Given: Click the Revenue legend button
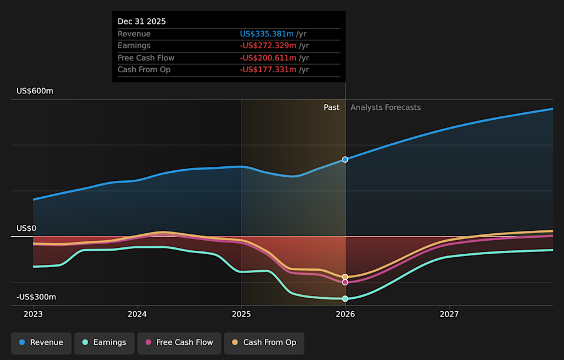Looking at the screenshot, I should [41, 342].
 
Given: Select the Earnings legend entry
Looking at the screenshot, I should [103, 342].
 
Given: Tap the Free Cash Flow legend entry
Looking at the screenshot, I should [179, 342].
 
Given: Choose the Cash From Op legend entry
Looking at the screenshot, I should [264, 342].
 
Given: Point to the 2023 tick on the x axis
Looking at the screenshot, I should [33, 314].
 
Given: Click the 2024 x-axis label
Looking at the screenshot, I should [137, 314].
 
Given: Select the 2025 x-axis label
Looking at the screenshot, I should [241, 314].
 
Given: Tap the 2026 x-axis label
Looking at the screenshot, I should [345, 314].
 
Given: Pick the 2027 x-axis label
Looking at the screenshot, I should [449, 314].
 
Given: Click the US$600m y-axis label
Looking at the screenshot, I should [35, 91].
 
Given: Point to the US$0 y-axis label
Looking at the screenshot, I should [26, 228].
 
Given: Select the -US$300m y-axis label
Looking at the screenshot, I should [36, 297].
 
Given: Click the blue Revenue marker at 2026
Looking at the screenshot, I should [345, 159].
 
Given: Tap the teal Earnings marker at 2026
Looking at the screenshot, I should [345, 298].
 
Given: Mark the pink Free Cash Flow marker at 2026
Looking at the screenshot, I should [345, 282].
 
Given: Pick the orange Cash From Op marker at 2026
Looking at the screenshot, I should [345, 277].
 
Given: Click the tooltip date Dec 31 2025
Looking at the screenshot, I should [142, 21].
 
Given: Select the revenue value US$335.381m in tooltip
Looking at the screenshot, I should [267, 34].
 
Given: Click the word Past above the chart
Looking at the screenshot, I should [331, 107].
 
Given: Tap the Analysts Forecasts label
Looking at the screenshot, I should [385, 107].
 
